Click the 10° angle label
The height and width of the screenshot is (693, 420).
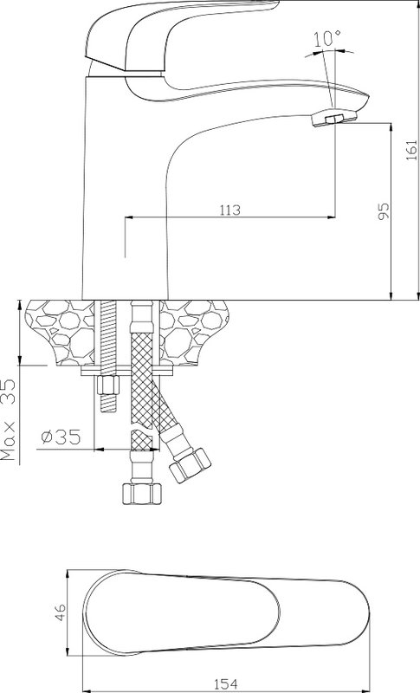pyautogui.click(x=327, y=39)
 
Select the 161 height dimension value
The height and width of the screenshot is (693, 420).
pyautogui.click(x=410, y=150)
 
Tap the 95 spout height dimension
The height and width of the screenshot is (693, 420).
pyautogui.click(x=384, y=210)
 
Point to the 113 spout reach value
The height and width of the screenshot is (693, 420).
pyautogui.click(x=230, y=210)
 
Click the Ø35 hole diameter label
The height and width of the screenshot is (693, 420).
pyautogui.click(x=61, y=437)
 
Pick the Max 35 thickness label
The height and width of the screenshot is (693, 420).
pyautogui.click(x=10, y=421)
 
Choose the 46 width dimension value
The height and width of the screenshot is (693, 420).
pyautogui.click(x=60, y=613)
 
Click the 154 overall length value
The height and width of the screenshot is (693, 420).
pyautogui.click(x=226, y=684)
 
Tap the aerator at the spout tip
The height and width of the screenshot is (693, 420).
pyautogui.click(x=334, y=117)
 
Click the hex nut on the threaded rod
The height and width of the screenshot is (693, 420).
pyautogui.click(x=107, y=385)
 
